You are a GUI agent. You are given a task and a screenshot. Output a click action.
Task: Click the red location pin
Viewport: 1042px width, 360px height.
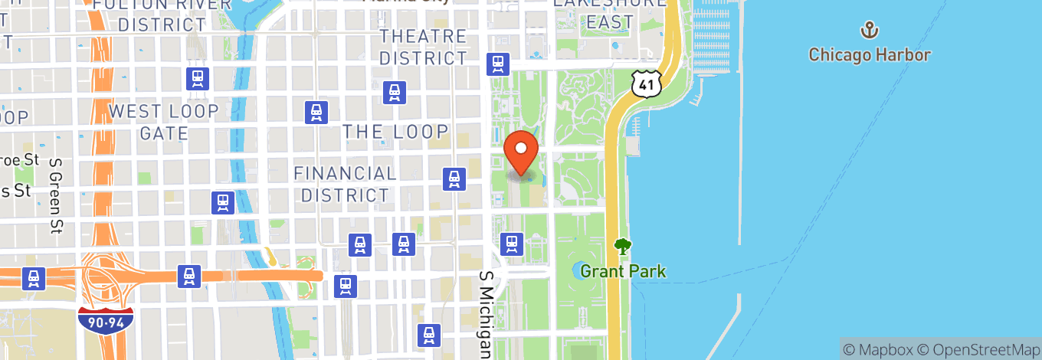(522, 152)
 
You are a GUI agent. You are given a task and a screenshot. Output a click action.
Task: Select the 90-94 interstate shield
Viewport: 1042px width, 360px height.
(106, 319)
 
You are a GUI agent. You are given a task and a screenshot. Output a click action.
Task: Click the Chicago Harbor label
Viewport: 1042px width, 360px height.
(870, 55)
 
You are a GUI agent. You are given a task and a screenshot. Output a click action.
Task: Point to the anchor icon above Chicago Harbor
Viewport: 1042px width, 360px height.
(870, 31)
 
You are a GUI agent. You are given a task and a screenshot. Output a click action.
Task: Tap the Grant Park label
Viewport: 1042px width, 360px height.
(623, 271)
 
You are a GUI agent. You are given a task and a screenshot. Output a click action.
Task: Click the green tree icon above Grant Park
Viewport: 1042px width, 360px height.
(623, 247)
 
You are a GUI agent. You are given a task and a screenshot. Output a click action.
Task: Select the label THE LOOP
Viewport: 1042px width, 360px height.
(395, 132)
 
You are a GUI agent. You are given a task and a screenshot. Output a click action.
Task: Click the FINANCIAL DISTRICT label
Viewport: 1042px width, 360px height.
(346, 185)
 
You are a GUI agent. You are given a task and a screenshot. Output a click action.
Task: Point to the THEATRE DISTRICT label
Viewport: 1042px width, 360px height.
(423, 47)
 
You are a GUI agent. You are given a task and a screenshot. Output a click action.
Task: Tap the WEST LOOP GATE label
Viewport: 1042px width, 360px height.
(164, 122)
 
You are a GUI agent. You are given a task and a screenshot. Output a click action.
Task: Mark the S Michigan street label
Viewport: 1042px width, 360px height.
(486, 314)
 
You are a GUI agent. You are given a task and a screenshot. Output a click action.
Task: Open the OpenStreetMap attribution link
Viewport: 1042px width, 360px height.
(976, 349)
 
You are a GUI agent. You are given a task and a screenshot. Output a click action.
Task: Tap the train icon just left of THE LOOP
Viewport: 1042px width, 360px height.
(316, 113)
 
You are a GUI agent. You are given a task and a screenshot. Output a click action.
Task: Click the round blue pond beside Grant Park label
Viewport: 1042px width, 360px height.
(580, 270)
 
